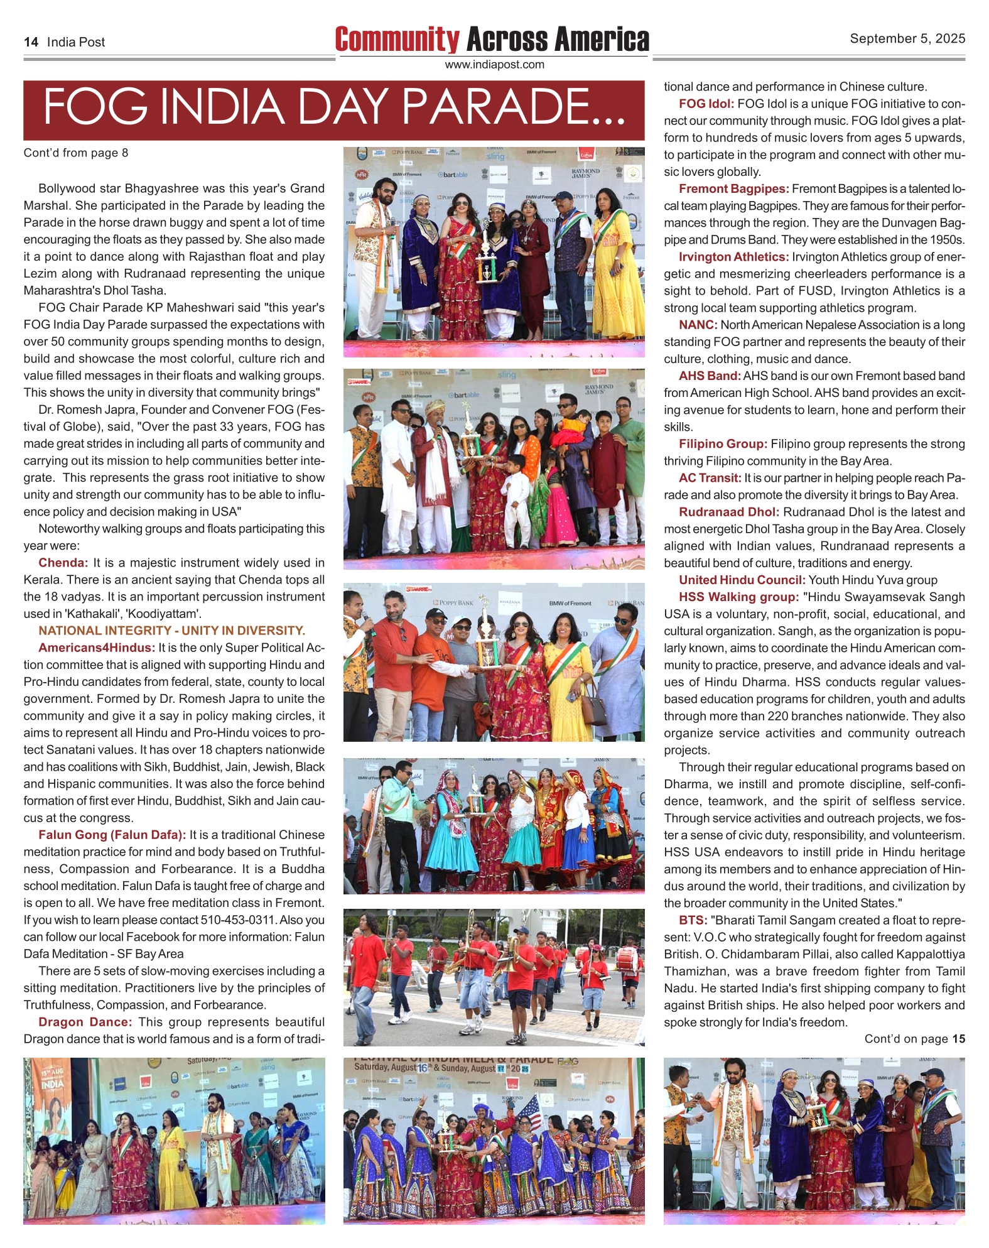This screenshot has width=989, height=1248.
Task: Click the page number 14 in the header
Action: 31,42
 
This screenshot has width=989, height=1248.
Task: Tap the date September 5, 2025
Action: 907,38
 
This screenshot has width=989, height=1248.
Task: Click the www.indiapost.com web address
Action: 494,65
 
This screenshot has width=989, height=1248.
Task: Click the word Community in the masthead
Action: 397,40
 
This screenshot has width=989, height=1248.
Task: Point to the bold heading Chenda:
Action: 63,563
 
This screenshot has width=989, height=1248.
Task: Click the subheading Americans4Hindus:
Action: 97,648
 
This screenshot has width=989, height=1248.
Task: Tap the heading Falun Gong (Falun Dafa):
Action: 112,835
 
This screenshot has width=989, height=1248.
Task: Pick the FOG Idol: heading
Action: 706,104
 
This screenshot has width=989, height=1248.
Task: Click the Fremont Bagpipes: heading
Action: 733,188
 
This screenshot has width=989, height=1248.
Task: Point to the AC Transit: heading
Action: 710,478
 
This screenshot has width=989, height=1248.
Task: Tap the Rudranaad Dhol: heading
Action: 728,512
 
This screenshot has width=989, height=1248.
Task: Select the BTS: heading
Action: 693,920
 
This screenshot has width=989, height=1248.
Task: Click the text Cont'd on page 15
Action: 914,1039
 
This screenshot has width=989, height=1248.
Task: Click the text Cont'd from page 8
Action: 75,153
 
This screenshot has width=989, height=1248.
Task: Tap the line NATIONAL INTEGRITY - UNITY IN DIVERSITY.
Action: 171,631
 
